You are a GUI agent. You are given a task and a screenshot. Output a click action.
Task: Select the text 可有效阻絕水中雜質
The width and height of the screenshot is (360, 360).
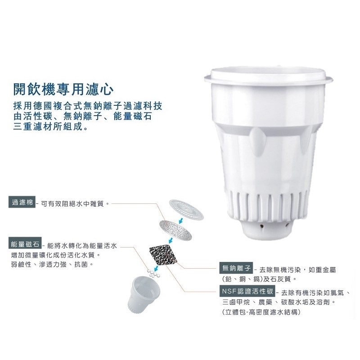coord(75,203)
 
